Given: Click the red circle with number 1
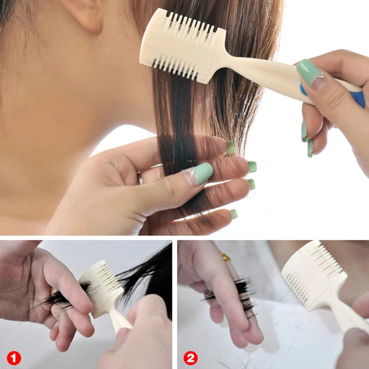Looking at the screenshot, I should click(x=14, y=358).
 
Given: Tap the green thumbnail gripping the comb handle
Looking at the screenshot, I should click(x=309, y=71).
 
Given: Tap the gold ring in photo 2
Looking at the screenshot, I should click(x=226, y=257).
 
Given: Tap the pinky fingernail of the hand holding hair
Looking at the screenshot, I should click(x=234, y=214).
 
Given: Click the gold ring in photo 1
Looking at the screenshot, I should click(x=52, y=291).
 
